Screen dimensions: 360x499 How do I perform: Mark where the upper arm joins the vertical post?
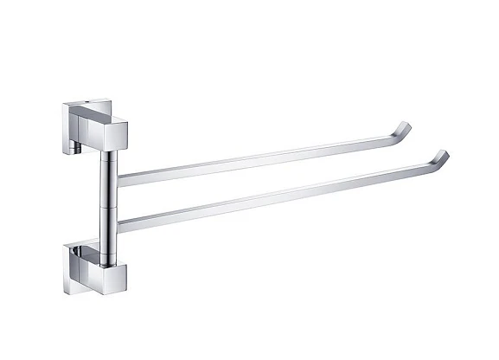[118, 181]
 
